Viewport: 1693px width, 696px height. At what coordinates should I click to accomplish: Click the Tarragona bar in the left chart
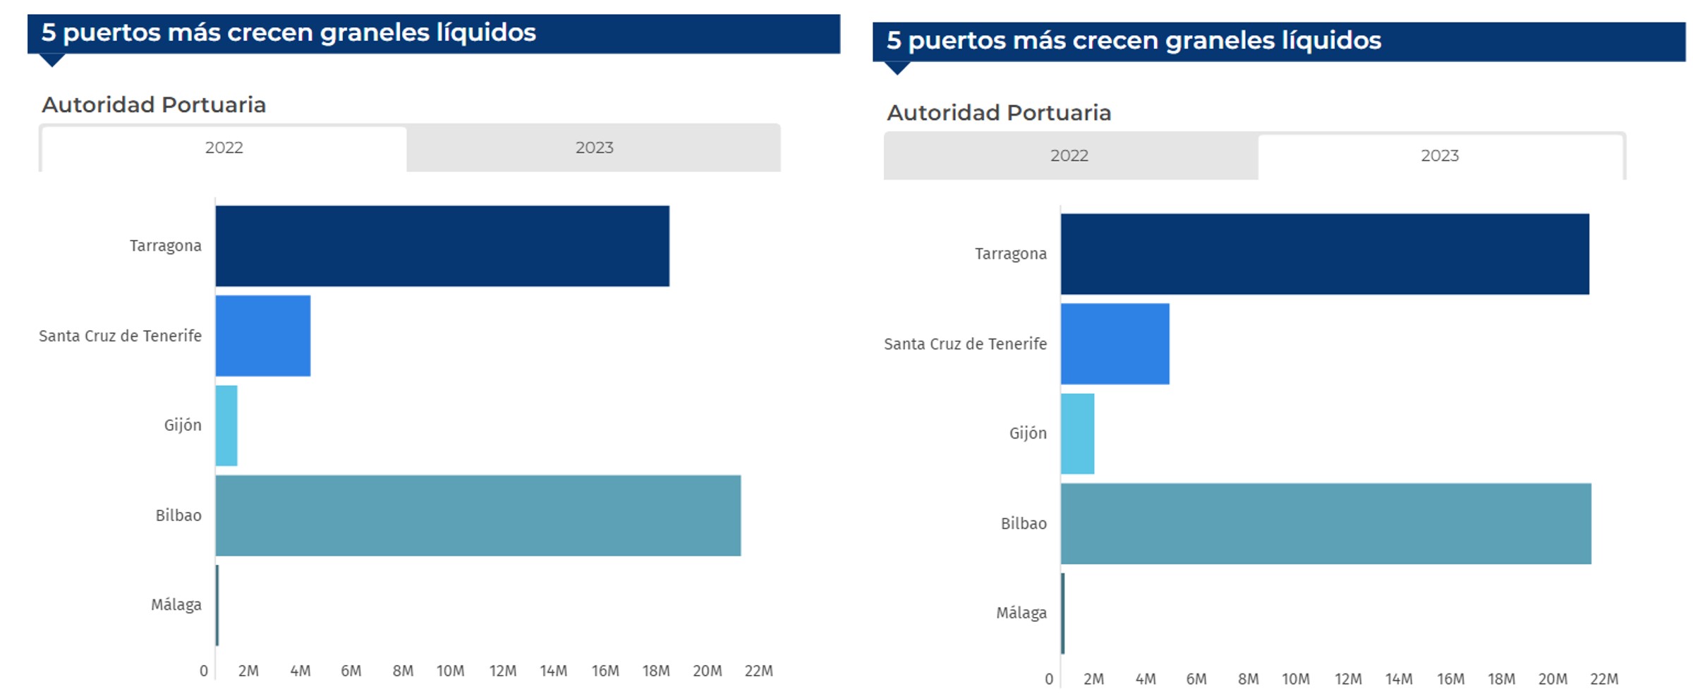(x=442, y=246)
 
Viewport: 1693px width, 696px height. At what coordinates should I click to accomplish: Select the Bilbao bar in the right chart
(x=1325, y=524)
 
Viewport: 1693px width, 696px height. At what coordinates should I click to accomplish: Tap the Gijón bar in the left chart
(x=226, y=425)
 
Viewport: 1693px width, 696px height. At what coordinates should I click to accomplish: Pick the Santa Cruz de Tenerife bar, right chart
(x=1115, y=344)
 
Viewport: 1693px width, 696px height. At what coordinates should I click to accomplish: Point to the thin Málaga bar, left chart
(x=217, y=605)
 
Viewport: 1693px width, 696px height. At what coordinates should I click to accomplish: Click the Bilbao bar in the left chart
(x=478, y=515)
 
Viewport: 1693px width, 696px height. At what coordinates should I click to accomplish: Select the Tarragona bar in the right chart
(x=1324, y=254)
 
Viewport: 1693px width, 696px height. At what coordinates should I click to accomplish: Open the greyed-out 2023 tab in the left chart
(x=594, y=148)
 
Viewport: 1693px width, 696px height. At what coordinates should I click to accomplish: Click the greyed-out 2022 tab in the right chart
(x=1069, y=156)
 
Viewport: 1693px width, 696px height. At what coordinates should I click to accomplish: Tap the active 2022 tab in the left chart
(x=224, y=148)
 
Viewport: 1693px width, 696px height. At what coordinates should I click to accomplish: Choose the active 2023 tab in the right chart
(x=1439, y=156)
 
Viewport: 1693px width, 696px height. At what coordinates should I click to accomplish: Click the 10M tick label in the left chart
(x=450, y=671)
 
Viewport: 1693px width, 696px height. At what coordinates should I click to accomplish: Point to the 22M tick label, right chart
(x=1603, y=679)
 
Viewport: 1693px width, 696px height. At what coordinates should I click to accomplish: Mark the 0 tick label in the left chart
(x=204, y=671)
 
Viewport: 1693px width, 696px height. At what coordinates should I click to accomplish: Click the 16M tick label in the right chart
(x=1450, y=679)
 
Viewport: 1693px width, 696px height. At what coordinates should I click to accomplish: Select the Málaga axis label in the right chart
(x=1021, y=613)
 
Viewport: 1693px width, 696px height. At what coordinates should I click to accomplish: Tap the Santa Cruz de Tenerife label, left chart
(x=120, y=336)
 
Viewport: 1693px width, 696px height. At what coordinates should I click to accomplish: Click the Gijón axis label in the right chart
(x=1027, y=434)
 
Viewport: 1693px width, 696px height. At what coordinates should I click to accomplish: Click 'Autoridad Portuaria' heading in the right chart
(x=998, y=113)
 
